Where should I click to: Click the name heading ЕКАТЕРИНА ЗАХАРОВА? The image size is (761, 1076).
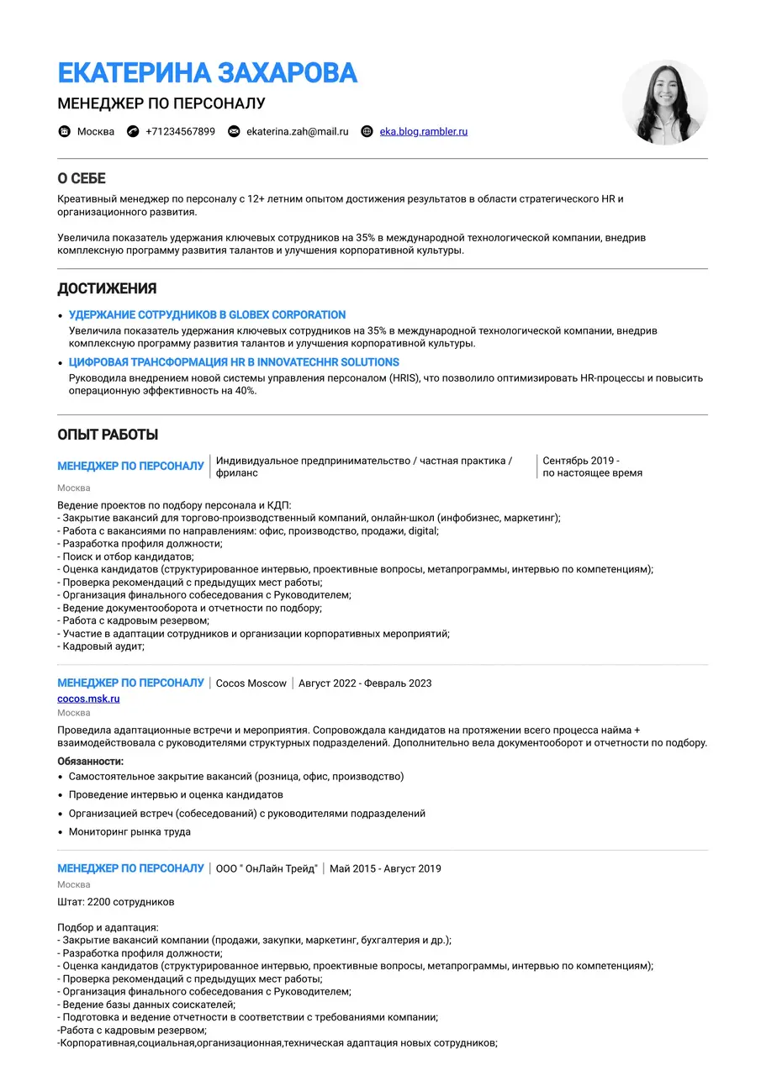pyautogui.click(x=207, y=73)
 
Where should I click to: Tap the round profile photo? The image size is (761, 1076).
pyautogui.click(x=664, y=102)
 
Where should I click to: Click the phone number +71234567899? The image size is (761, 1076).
pyautogui.click(x=180, y=131)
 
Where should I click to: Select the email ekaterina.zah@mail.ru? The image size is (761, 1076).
pyautogui.click(x=297, y=131)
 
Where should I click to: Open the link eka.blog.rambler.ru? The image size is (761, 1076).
pyautogui.click(x=423, y=131)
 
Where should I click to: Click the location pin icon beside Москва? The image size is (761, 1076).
pyautogui.click(x=65, y=131)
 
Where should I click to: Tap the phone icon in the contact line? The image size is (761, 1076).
pyautogui.click(x=133, y=131)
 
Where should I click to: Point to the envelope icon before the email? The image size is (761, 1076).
pyautogui.click(x=234, y=131)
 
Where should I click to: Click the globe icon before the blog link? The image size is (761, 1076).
pyautogui.click(x=367, y=131)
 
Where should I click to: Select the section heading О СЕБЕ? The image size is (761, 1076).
pyautogui.click(x=82, y=179)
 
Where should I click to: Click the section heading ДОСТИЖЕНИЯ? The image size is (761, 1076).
pyautogui.click(x=107, y=289)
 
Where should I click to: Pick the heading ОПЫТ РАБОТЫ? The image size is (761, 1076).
pyautogui.click(x=108, y=435)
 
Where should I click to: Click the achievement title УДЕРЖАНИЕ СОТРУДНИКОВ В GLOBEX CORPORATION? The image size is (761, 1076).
pyautogui.click(x=207, y=314)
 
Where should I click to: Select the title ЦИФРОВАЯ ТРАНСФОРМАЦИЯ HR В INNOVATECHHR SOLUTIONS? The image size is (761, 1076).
pyautogui.click(x=234, y=362)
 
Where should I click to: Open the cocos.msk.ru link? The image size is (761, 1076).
pyautogui.click(x=88, y=699)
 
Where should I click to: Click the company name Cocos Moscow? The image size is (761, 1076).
pyautogui.click(x=251, y=683)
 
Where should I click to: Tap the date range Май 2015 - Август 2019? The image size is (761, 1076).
pyautogui.click(x=385, y=868)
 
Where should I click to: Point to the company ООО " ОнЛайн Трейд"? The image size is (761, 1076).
pyautogui.click(x=267, y=868)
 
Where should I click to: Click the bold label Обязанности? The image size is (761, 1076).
pyautogui.click(x=91, y=760)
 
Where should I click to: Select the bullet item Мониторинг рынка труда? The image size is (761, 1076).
pyautogui.click(x=129, y=832)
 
